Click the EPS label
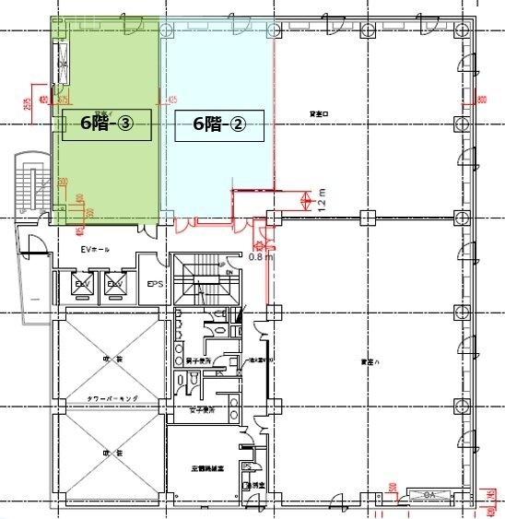coord(156,285)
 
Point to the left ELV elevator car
coord(82,284)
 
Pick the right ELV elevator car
coord(116,284)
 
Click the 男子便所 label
coord(199,360)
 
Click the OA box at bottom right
coord(429,494)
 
